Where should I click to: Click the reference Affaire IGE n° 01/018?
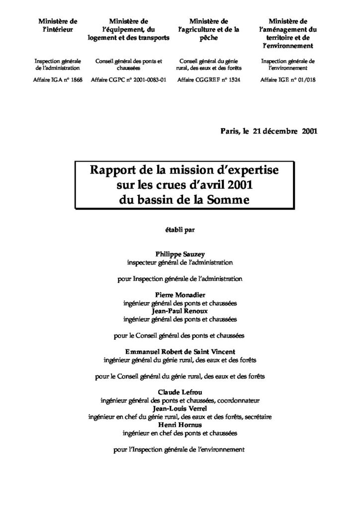[x=287, y=79]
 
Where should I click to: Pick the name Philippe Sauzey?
[x=180, y=253]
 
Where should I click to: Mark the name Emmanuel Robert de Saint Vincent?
[x=180, y=351]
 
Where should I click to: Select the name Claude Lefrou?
[x=180, y=392]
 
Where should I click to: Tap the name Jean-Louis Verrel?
[x=180, y=409]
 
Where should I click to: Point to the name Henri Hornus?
[x=180, y=425]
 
